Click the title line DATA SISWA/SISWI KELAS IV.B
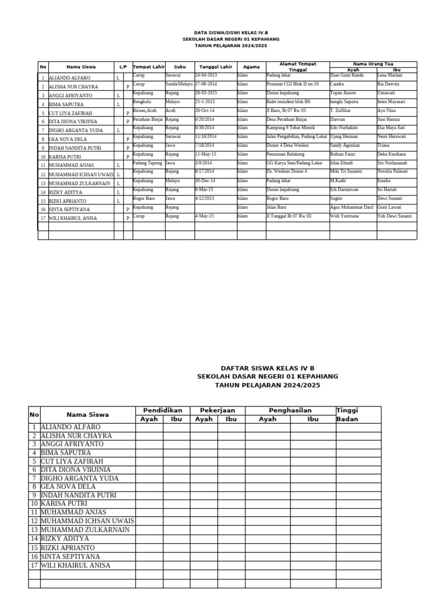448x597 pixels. pyautogui.click(x=231, y=33)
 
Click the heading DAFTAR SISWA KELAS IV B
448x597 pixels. pyautogui.click(x=267, y=368)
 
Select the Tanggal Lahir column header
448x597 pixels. pyautogui.click(x=215, y=67)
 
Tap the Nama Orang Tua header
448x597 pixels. pyautogui.click(x=373, y=64)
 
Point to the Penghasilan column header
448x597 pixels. pyautogui.click(x=290, y=410)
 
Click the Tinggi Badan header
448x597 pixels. pyautogui.click(x=347, y=415)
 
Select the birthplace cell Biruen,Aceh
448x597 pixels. pyautogui.click(x=145, y=110)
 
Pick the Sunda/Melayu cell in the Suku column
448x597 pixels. pyautogui.click(x=178, y=84)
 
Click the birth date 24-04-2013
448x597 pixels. pyautogui.click(x=206, y=75)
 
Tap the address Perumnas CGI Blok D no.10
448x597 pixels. pyautogui.click(x=292, y=84)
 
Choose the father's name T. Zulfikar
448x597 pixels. pyautogui.click(x=341, y=110)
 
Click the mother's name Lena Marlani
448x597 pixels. pyautogui.click(x=390, y=75)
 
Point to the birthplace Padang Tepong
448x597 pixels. pyautogui.click(x=148, y=163)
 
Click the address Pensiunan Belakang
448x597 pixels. pyautogui.click(x=286, y=154)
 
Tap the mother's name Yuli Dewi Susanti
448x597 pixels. pyautogui.click(x=394, y=216)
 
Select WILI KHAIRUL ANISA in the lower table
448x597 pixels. pyautogui.click(x=75, y=566)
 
